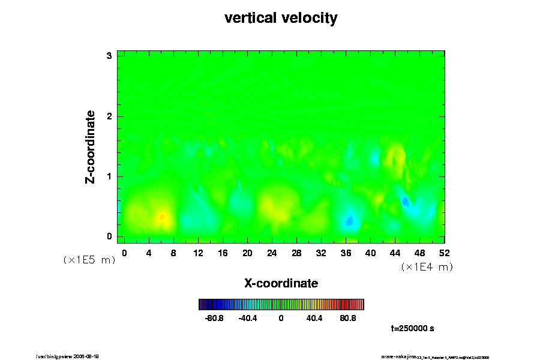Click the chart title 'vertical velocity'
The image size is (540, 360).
(x=281, y=18)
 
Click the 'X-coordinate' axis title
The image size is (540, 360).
(x=281, y=283)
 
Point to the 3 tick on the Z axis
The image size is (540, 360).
(x=110, y=56)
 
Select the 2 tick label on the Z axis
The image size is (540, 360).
(x=110, y=116)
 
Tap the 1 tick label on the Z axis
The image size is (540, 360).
(x=110, y=176)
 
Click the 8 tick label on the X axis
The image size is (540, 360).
(x=173, y=253)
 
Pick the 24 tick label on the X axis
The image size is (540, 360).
(x=272, y=253)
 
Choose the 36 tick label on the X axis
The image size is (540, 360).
(x=346, y=253)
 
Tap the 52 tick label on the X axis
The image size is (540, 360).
(x=445, y=253)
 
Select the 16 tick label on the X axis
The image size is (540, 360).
(x=223, y=253)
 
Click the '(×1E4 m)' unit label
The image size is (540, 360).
(x=427, y=267)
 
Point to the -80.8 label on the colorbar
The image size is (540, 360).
(x=214, y=319)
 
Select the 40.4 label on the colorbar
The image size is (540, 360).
(x=314, y=319)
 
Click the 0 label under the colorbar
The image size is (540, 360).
(x=281, y=319)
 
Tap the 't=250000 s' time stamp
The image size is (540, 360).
(x=412, y=328)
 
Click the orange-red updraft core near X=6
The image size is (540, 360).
(x=162, y=217)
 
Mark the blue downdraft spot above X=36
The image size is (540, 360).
(x=349, y=221)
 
